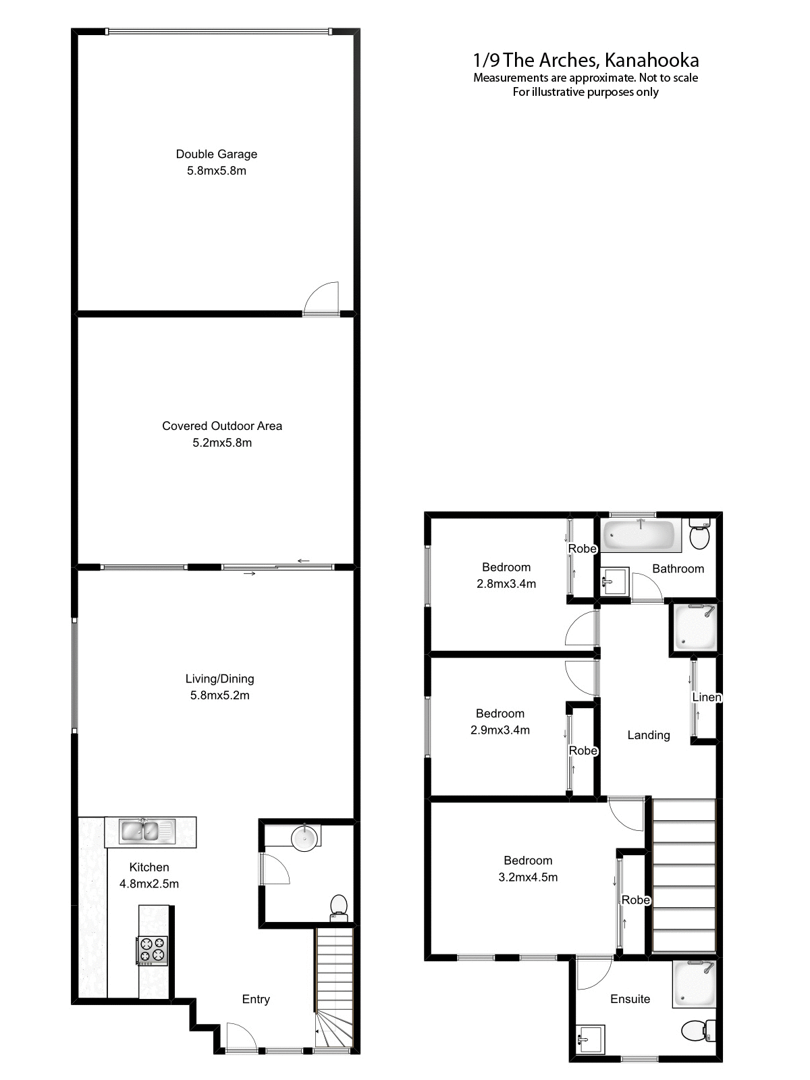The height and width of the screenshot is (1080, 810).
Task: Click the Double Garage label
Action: (217, 154)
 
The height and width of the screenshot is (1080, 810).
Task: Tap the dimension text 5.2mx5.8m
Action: (217, 443)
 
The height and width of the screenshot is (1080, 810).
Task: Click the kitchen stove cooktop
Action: (153, 950)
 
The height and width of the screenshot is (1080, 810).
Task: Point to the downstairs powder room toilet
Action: (338, 907)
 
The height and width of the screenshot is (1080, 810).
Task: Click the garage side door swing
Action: (321, 299)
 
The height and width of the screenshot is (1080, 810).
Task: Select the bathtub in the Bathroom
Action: (639, 535)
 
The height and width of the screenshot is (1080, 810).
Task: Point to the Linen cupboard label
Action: (707, 697)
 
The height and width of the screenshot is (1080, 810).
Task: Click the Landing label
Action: (649, 735)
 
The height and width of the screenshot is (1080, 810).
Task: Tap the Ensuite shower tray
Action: (694, 984)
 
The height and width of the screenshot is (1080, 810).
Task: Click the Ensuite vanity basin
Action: (591, 1038)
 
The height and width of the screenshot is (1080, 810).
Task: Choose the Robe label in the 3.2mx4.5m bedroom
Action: (636, 900)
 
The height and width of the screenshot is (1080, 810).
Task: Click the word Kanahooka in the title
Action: (651, 60)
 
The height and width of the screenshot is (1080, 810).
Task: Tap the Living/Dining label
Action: (220, 678)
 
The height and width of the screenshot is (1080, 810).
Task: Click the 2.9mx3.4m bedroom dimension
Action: (500, 730)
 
